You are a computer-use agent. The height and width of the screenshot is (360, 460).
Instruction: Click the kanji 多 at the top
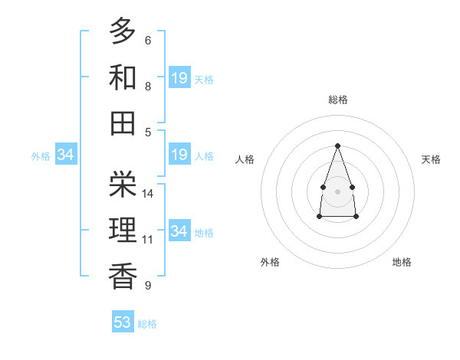pyautogui.click(x=123, y=31)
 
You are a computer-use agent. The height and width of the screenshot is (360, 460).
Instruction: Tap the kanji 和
pyautogui.click(x=123, y=77)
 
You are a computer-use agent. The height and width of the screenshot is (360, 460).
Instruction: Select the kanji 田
pyautogui.click(x=123, y=122)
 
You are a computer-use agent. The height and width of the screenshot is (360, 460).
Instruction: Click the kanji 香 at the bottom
pyautogui.click(x=123, y=274)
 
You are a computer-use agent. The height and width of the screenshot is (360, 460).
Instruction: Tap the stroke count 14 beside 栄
pyautogui.click(x=149, y=193)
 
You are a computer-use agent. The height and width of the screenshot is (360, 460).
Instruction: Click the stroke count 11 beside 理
pyautogui.click(x=148, y=239)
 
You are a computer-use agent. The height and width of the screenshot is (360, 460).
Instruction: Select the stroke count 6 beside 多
pyautogui.click(x=147, y=41)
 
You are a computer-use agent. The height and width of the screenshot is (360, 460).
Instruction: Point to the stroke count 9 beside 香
pyautogui.click(x=147, y=286)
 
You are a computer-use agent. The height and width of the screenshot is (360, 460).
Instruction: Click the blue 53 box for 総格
pyautogui.click(x=123, y=322)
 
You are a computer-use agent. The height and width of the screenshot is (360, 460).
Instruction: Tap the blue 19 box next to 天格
pyautogui.click(x=179, y=77)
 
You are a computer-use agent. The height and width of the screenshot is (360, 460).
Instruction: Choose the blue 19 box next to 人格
pyautogui.click(x=179, y=155)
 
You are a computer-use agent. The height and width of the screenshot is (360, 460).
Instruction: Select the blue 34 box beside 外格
pyautogui.click(x=66, y=155)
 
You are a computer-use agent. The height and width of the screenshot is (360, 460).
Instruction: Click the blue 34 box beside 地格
pyautogui.click(x=179, y=231)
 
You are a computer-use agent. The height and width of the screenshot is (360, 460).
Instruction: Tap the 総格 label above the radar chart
pyautogui.click(x=337, y=100)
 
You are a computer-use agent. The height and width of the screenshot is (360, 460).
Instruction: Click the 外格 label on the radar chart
pyautogui.click(x=270, y=262)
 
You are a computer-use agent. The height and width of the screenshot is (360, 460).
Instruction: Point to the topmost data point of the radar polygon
pyautogui.click(x=337, y=146)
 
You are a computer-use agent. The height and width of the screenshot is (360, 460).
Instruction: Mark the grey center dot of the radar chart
pyautogui.click(x=337, y=191)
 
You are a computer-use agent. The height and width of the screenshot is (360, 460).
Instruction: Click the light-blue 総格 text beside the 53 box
pyautogui.click(x=147, y=324)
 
